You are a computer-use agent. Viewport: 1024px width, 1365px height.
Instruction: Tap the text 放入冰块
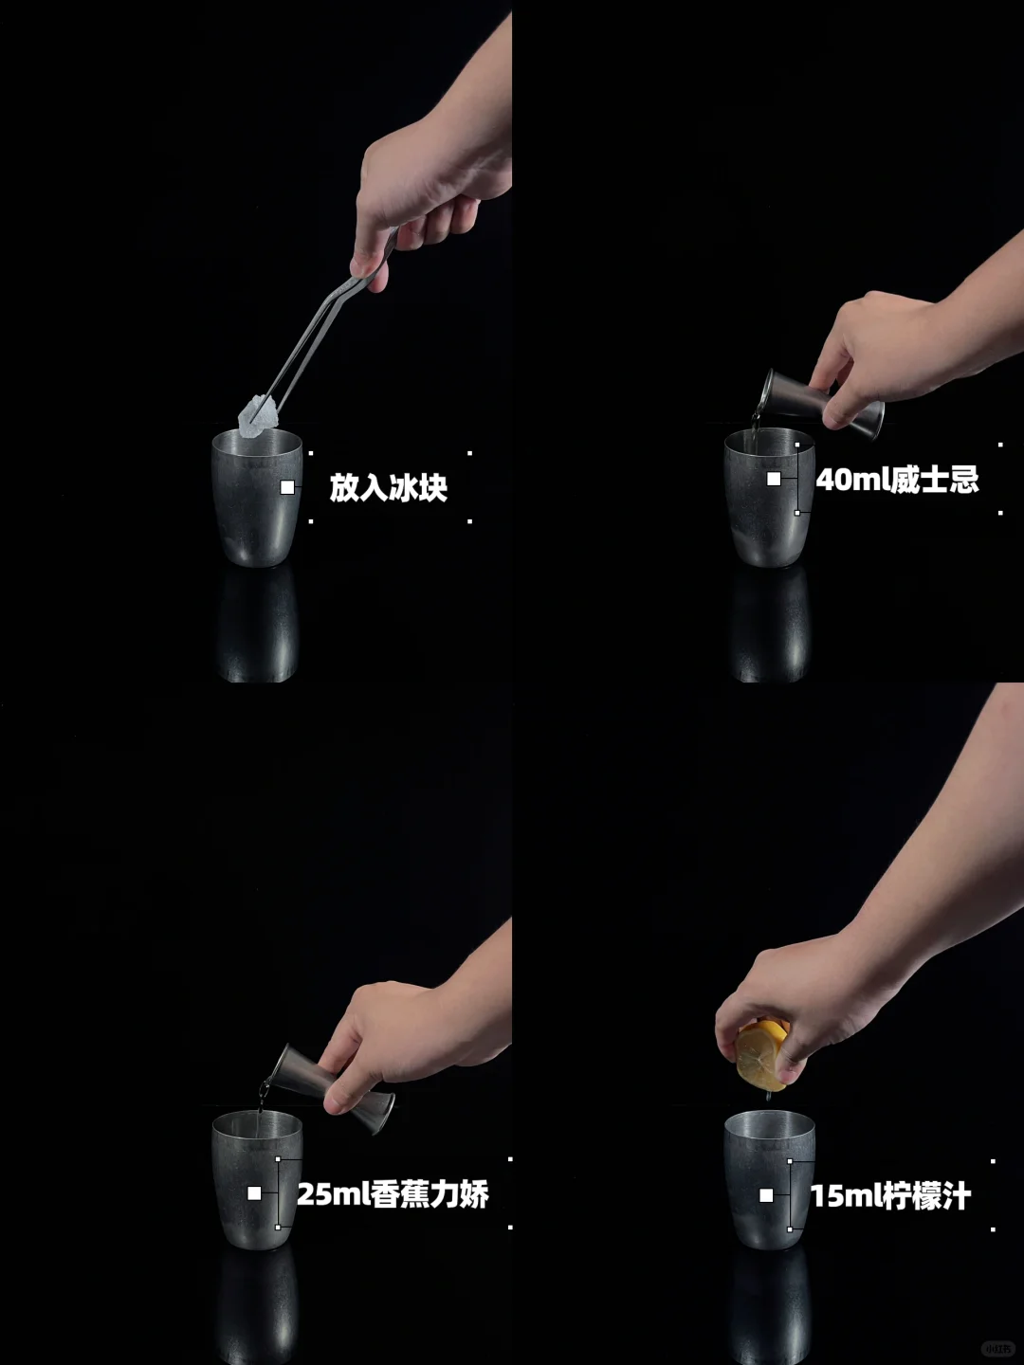coord(389,487)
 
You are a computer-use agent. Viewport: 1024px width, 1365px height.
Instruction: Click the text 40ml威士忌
coord(897,480)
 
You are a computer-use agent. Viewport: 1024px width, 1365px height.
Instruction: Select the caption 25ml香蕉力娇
coord(393,1193)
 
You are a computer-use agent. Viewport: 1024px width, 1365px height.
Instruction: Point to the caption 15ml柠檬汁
coord(891,1195)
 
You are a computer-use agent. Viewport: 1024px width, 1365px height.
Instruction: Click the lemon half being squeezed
coord(762,1057)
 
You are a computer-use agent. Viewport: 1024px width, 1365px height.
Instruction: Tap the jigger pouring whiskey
coord(821,404)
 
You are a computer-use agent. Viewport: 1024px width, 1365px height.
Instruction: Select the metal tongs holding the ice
coord(330,323)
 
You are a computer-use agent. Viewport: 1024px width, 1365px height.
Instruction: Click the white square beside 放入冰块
coord(287,487)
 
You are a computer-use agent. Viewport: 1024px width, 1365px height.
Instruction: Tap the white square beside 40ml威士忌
coord(774,479)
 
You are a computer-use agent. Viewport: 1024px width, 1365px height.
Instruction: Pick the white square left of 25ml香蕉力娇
coord(254,1192)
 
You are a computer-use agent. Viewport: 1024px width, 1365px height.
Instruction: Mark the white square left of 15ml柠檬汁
coord(767,1194)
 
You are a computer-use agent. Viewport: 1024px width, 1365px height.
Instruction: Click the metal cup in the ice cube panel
coord(257,498)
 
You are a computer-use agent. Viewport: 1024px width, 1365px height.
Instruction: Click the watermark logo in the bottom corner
coord(997,1348)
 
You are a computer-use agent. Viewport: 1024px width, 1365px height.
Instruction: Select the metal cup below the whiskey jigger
coord(770,498)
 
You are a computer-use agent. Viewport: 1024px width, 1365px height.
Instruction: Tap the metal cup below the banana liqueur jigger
coord(257,1180)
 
